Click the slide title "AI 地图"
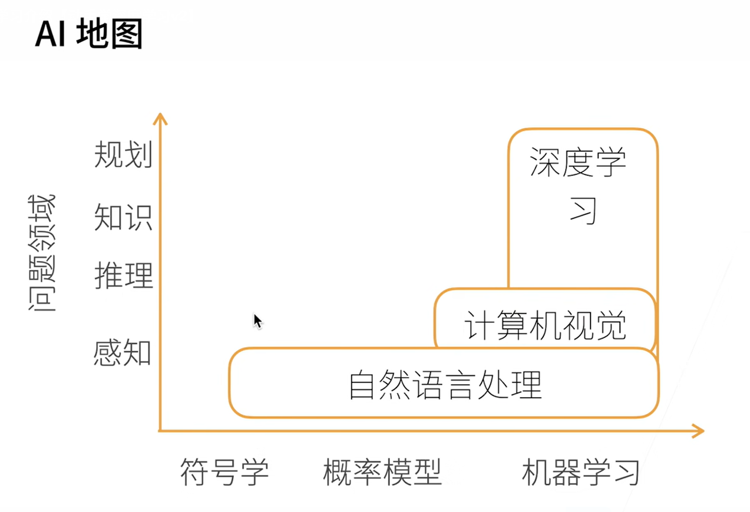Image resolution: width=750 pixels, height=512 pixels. point(89,34)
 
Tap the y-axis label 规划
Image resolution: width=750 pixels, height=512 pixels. point(123,154)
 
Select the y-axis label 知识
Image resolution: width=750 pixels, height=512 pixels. point(123,217)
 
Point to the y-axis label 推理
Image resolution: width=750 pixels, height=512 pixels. point(124,276)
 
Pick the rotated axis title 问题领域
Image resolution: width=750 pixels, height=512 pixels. point(41,253)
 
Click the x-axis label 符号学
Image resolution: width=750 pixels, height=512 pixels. point(224,472)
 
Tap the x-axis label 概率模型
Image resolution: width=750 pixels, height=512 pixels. point(382,472)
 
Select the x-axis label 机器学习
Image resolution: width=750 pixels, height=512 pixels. point(580,472)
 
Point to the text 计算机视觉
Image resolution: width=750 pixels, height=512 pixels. point(545,325)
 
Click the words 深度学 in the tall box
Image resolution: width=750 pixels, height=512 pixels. point(578,162)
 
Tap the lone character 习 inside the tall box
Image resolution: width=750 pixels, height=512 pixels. point(583,211)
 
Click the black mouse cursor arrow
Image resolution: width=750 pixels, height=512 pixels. point(257,322)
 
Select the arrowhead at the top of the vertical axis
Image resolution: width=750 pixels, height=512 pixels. point(160,118)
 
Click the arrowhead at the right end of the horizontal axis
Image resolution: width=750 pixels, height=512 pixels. point(698,431)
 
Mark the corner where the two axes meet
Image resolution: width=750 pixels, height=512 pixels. point(160,431)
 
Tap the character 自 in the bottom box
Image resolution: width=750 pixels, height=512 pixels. point(362,385)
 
